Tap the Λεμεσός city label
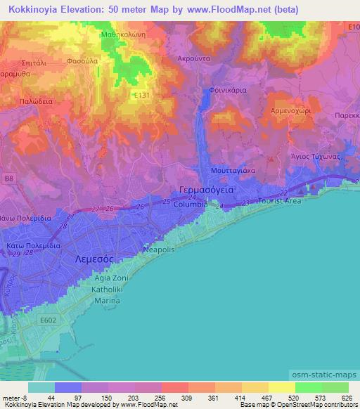pyautogui.click(x=89, y=259)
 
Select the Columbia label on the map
pyautogui.click(x=191, y=204)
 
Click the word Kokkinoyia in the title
pyautogui.click(x=28, y=10)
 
